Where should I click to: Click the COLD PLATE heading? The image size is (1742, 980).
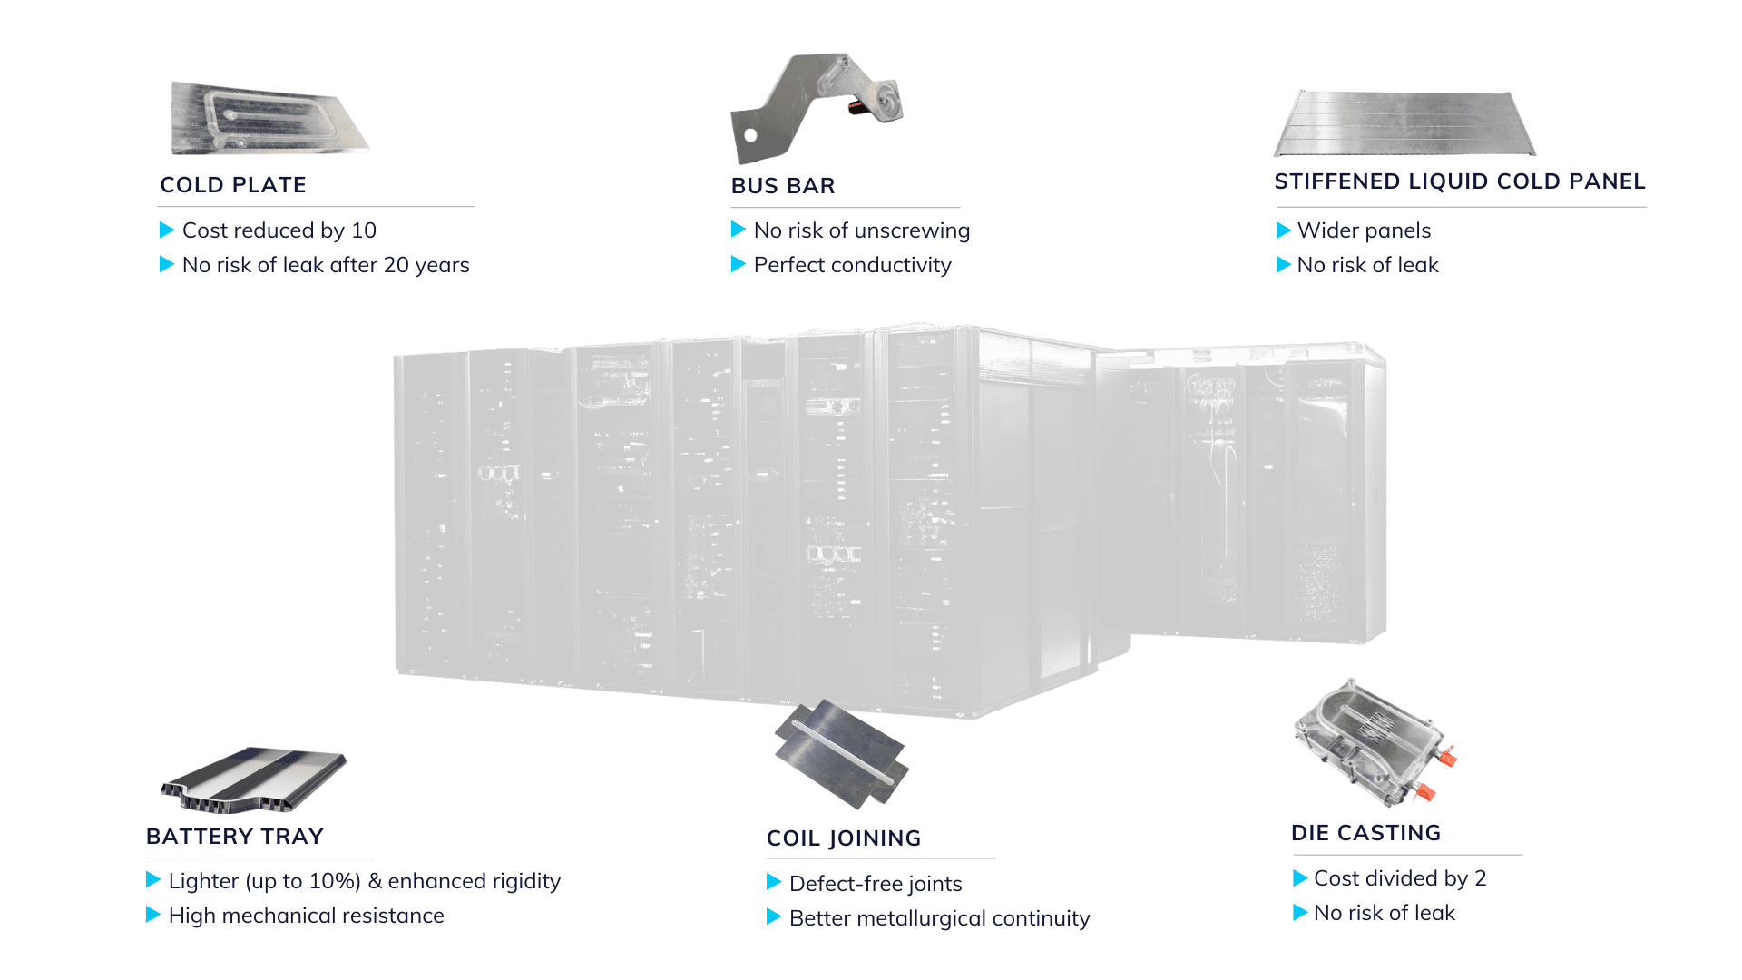[x=233, y=185]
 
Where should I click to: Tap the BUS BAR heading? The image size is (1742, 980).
[x=783, y=186]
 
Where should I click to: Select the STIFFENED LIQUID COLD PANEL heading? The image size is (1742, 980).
[x=1459, y=181]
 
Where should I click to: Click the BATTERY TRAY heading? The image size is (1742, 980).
[x=235, y=837]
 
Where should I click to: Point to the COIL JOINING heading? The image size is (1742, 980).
[x=844, y=838]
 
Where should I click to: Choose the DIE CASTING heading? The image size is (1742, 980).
[x=1365, y=833]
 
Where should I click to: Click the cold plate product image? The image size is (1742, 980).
[x=269, y=119]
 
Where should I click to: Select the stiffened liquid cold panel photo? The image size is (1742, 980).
[x=1404, y=124]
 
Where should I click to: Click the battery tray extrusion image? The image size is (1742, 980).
[x=254, y=779]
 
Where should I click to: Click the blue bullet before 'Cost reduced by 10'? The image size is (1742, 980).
[x=167, y=230]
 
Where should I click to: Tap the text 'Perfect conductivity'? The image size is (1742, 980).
[x=852, y=265]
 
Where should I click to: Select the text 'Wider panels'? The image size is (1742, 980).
[x=1364, y=230]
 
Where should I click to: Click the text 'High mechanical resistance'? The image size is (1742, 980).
[x=306, y=916]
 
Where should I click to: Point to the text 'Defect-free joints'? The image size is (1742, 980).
[x=876, y=884]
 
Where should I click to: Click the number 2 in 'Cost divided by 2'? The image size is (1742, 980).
[x=1481, y=878]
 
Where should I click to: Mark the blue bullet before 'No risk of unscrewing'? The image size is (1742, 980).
[x=739, y=230]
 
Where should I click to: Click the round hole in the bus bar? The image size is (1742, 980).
[x=750, y=135]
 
